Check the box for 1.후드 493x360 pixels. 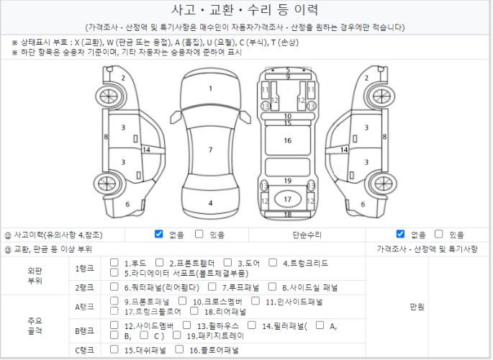(114, 263)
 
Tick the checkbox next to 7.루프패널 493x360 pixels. (212, 287)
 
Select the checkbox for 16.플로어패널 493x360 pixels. (179, 349)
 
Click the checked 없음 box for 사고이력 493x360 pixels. (159, 234)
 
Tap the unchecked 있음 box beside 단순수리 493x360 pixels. (438, 234)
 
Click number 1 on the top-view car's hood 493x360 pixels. (210, 89)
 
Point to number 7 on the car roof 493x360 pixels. (210, 150)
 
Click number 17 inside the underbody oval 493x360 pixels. (287, 199)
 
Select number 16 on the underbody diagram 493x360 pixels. (287, 140)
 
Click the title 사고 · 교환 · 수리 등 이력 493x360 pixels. (245, 10)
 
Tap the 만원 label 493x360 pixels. (417, 307)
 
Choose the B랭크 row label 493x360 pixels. (84, 331)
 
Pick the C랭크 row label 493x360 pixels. (84, 350)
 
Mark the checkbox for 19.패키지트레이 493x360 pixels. (177, 336)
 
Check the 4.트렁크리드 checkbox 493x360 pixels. (273, 263)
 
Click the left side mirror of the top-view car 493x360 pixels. (175, 117)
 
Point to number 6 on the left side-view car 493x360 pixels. (127, 204)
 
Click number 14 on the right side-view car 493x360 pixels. (344, 150)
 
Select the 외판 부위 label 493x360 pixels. (35, 276)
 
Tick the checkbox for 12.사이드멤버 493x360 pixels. (114, 325)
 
